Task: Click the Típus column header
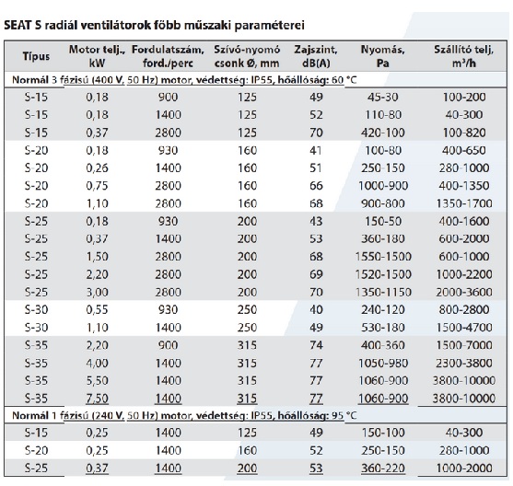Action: [x=36, y=56]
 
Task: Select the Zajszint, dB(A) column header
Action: [x=316, y=56]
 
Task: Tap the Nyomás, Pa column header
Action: [x=383, y=56]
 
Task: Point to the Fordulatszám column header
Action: [x=168, y=56]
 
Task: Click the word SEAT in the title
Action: [x=17, y=25]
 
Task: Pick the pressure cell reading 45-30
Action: [x=383, y=98]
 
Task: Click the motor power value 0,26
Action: [x=97, y=168]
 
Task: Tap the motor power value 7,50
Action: [x=97, y=399]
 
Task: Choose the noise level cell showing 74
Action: [x=316, y=345]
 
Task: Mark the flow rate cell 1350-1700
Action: [x=464, y=203]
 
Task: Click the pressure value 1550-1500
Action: [x=383, y=257]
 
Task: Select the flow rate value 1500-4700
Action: [x=464, y=328]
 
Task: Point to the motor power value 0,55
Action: [x=97, y=309]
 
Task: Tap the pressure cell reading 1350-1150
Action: [x=383, y=292]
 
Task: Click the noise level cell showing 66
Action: [x=316, y=186]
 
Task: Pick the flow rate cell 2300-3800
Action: [x=464, y=363]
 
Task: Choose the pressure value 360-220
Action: [x=383, y=469]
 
